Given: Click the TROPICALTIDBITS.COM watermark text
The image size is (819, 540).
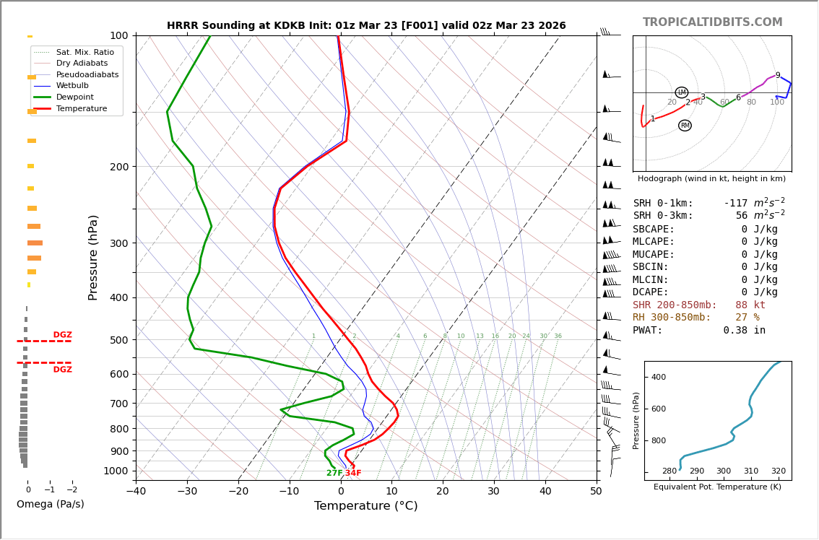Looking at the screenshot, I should tap(712, 22).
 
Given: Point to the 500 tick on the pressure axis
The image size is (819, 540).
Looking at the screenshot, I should tap(118, 340).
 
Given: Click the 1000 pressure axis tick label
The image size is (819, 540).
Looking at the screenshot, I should tap(116, 471).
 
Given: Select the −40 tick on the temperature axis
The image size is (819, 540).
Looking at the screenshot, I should tap(136, 492).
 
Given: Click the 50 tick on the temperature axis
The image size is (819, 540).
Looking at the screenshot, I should tap(596, 492).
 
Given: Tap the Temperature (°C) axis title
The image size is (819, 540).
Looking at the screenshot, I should tap(365, 506).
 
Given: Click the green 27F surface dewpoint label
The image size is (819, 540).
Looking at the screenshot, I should tap(334, 474).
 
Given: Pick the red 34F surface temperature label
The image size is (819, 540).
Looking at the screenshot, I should tap(353, 474).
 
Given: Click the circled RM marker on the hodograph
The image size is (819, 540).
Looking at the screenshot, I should tap(685, 126).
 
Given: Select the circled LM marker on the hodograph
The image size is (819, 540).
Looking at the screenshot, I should tap(682, 92).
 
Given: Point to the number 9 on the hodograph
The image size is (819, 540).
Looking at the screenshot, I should tap(778, 75).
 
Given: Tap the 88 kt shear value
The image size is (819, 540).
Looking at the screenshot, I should tap(750, 305).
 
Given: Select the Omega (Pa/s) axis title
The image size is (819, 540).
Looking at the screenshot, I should tap(51, 505).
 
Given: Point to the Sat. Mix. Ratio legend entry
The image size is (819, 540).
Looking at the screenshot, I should tap(84, 53).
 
